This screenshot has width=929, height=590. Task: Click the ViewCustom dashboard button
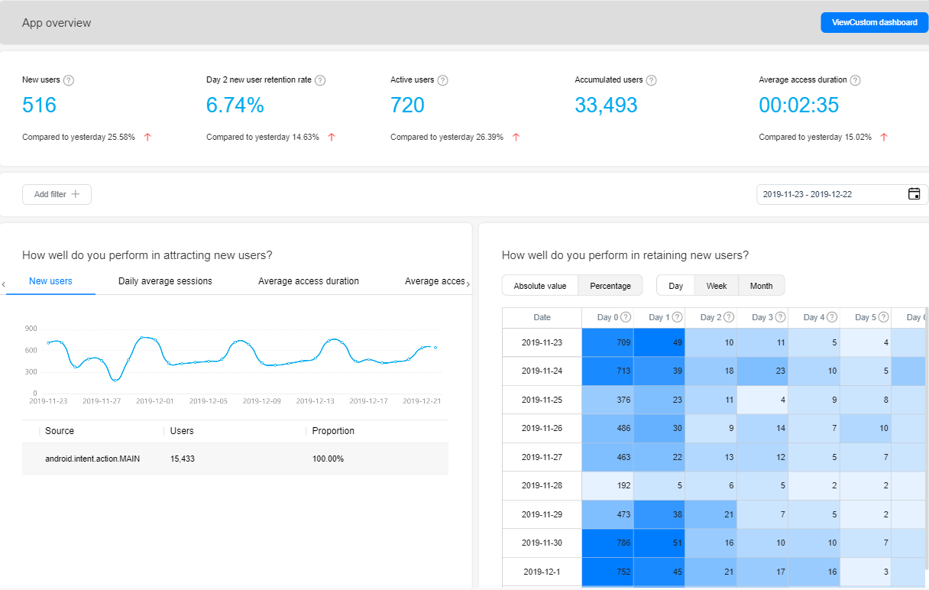[x=874, y=23]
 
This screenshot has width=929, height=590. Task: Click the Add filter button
[x=57, y=195]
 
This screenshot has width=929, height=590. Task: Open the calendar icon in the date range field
[x=914, y=194]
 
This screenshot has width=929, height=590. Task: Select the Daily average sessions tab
[x=165, y=281]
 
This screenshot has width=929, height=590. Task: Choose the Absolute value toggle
[x=540, y=286]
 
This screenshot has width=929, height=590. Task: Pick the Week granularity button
[x=716, y=286]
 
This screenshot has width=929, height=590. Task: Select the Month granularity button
[x=761, y=286]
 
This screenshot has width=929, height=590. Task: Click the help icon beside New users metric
[x=69, y=80]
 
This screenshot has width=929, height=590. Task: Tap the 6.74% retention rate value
[x=235, y=105]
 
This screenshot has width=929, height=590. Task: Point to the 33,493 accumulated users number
[x=606, y=105]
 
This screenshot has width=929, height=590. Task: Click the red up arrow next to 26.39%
[x=516, y=138]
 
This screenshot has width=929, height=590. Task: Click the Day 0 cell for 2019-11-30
[x=607, y=543]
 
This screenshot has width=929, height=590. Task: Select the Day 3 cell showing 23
[x=762, y=371]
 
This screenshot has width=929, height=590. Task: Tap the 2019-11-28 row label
[x=542, y=486]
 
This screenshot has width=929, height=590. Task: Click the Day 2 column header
[x=711, y=317]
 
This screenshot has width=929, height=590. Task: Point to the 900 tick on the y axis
[x=31, y=329]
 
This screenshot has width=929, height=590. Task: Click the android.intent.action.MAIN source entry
[x=92, y=459]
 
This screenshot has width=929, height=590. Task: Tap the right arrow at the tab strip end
[x=468, y=284]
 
